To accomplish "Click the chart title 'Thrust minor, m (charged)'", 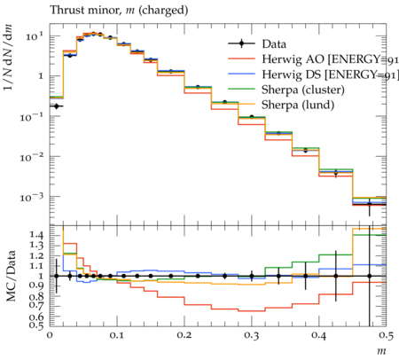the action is click(119, 11).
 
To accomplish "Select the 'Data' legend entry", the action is click(274, 44).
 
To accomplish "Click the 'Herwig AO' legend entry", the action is click(330, 59).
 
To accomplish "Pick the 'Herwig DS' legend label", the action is click(330, 74).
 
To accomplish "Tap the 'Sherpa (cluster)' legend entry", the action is click(303, 90).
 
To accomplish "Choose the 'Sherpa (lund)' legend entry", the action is click(298, 105).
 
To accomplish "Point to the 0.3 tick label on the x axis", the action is click(252, 335).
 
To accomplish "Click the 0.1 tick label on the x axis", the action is click(117, 335).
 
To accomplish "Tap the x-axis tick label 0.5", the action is click(386, 335).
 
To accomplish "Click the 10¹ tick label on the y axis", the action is click(35, 37).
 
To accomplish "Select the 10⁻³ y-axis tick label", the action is click(32, 197).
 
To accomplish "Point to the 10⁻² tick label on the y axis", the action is click(32, 157).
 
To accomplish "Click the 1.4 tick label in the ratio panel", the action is click(36, 235).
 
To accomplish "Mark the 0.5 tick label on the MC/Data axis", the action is click(36, 325).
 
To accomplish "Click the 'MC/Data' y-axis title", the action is click(11, 276).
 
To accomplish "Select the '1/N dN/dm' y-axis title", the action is click(8, 58).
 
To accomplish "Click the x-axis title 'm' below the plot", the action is click(381, 351).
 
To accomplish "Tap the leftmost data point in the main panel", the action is click(57, 106).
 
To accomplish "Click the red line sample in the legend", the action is click(242, 59).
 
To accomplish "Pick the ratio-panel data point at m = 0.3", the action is click(252, 276).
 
